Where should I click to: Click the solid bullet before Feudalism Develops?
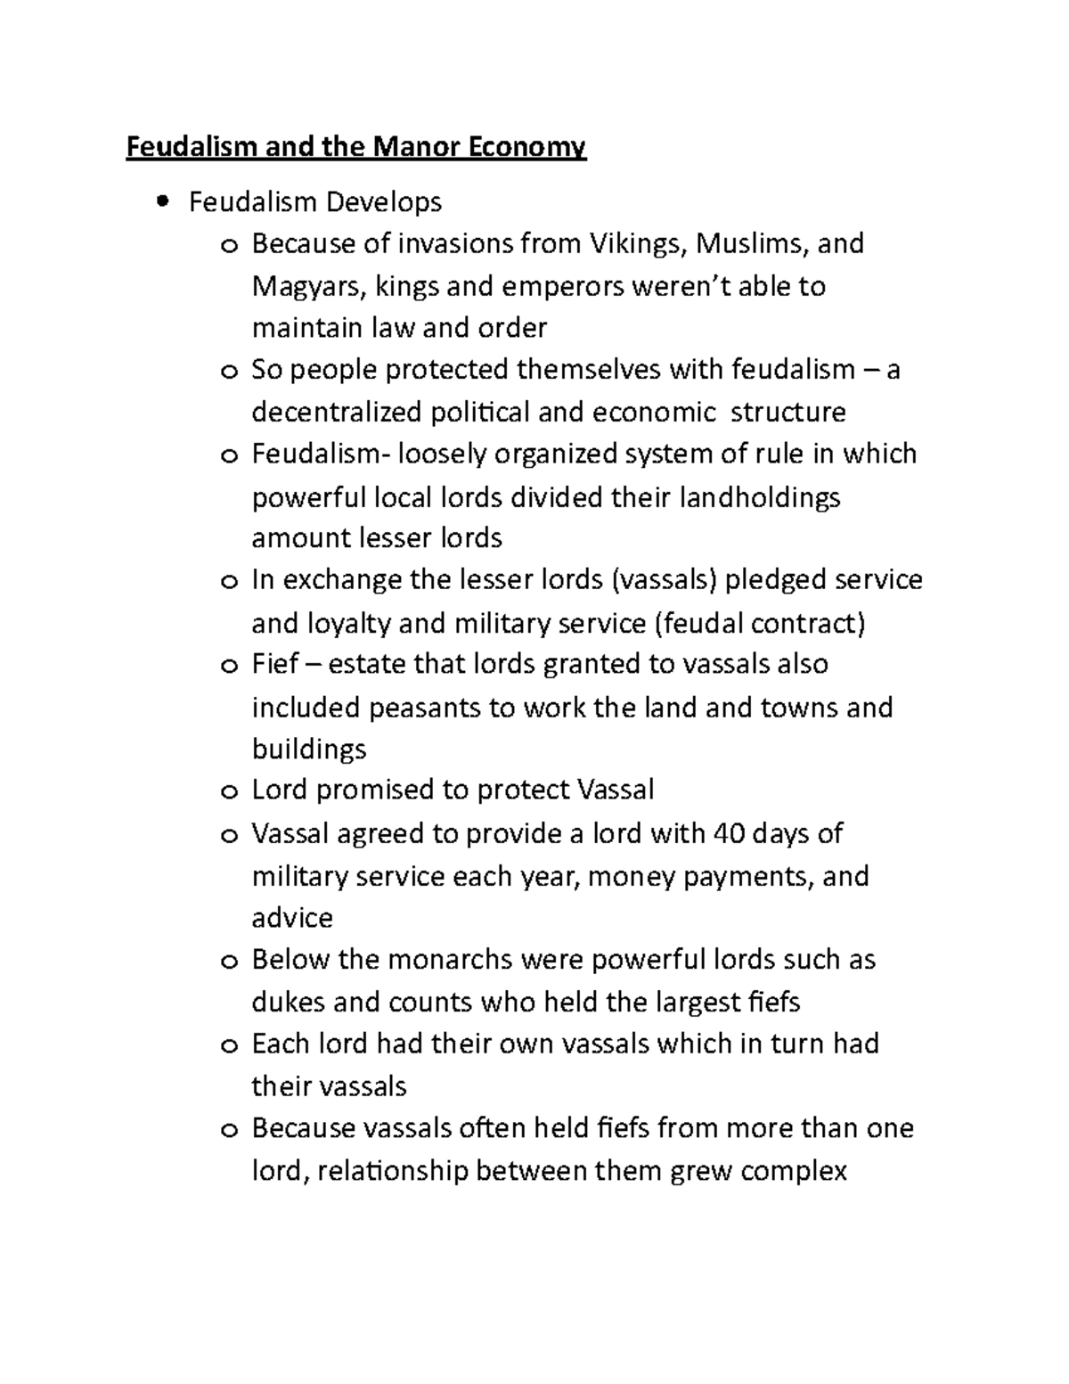point(161,202)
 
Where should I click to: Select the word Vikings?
point(633,243)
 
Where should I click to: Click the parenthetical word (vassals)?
point(665,580)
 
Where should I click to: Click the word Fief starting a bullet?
point(274,664)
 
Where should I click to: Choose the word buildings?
point(309,749)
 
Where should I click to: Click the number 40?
point(729,833)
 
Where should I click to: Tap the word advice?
point(292,917)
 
